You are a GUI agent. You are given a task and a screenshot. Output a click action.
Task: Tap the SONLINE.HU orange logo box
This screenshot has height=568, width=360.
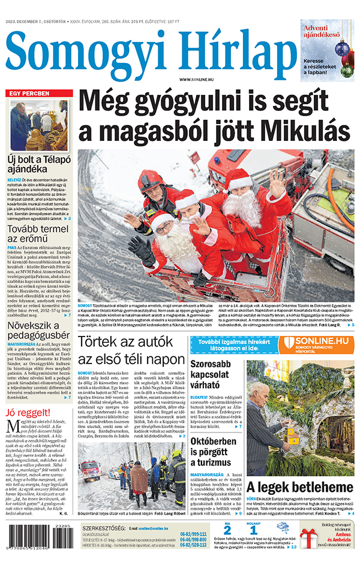[316, 344]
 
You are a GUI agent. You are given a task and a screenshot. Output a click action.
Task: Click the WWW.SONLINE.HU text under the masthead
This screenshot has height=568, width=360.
[198, 80]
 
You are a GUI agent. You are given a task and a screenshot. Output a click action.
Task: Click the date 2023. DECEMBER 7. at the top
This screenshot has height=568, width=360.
[30, 22]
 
